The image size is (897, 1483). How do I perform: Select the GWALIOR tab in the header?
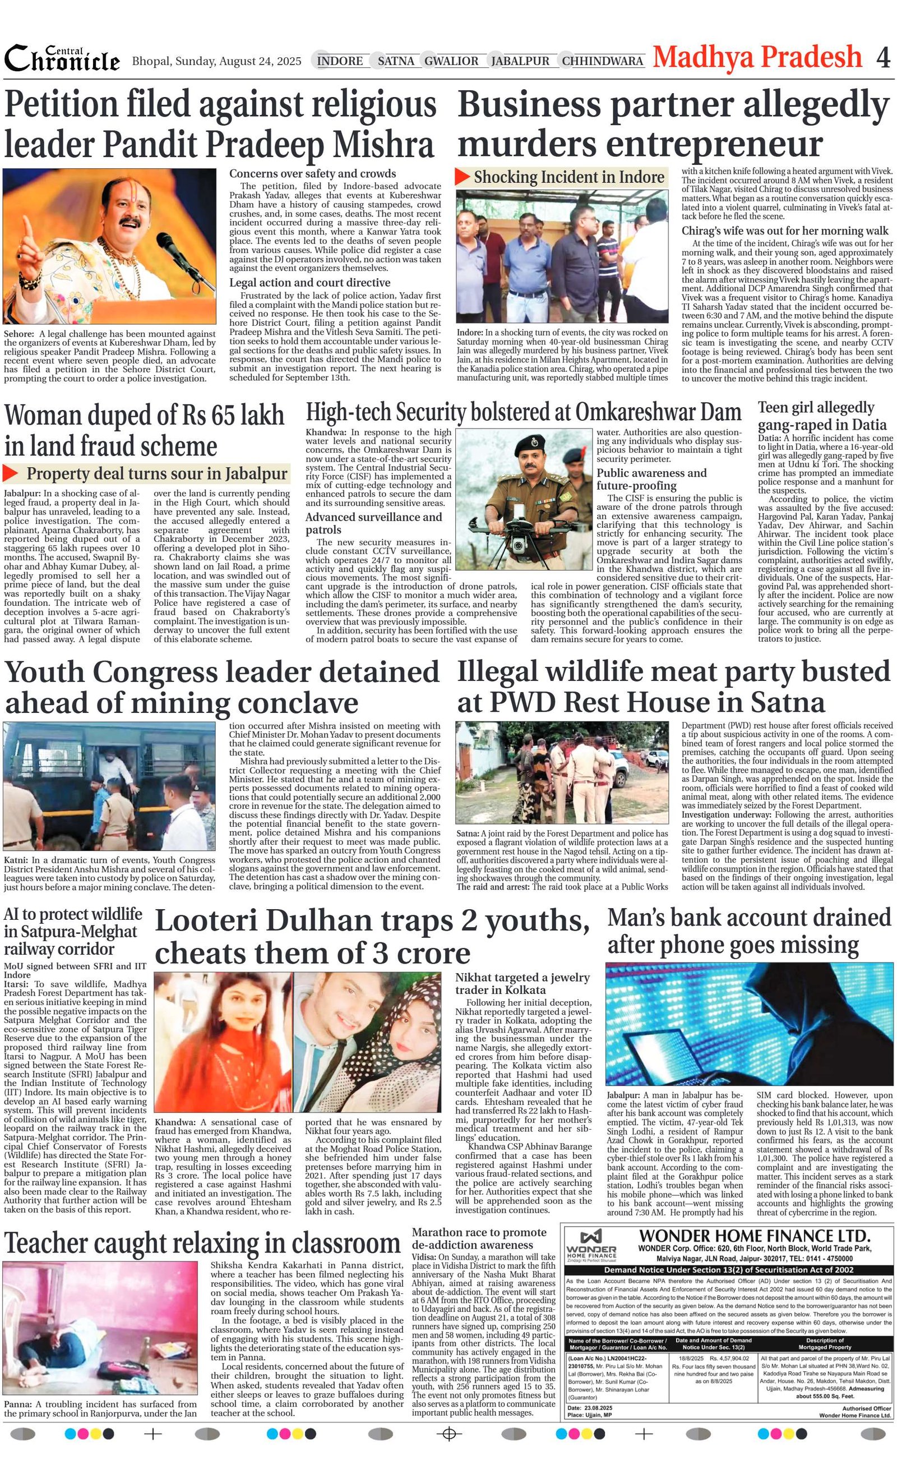[x=451, y=61]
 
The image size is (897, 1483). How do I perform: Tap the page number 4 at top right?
[x=882, y=58]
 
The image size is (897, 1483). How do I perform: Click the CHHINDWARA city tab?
[x=602, y=61]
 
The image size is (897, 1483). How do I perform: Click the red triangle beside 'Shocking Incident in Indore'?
[x=463, y=177]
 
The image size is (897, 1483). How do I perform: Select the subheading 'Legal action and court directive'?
[x=310, y=282]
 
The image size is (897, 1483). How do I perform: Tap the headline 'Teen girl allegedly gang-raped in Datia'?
[x=822, y=416]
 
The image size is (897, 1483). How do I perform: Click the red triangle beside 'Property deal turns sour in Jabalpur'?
[x=11, y=473]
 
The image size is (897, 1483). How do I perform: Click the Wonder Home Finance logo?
[x=591, y=1245]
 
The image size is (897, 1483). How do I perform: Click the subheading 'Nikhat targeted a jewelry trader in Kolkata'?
[x=522, y=983]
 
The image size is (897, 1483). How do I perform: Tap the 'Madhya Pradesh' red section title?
[x=757, y=57]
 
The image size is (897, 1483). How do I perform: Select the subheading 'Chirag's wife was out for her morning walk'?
[x=784, y=231]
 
